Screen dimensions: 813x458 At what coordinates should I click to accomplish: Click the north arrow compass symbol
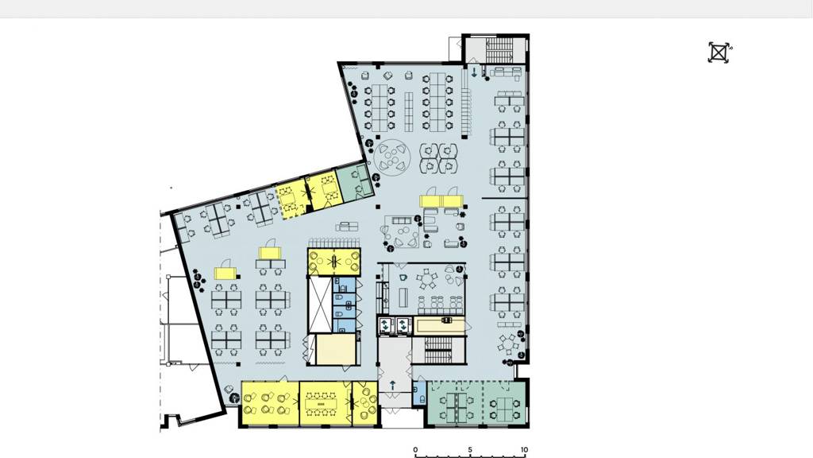[719, 52]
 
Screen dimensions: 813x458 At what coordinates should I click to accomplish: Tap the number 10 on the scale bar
[524, 450]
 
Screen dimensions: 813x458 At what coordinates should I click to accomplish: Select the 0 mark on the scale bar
[415, 450]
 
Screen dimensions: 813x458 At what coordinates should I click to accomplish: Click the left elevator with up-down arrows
[387, 325]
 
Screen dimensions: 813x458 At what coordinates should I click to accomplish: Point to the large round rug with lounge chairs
[392, 156]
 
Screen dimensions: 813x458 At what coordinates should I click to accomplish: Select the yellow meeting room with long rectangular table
[325, 403]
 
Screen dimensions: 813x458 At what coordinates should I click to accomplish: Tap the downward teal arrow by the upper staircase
[474, 72]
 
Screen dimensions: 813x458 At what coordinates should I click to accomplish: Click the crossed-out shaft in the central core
[320, 305]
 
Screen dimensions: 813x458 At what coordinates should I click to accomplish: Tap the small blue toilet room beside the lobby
[419, 394]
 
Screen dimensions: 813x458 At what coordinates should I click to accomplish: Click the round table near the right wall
[509, 343]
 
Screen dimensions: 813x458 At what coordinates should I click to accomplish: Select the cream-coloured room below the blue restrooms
[336, 350]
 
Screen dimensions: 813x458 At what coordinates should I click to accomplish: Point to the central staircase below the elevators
[438, 350]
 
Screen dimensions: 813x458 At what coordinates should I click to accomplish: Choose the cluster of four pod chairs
[438, 158]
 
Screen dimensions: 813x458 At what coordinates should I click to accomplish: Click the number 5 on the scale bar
[470, 450]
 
